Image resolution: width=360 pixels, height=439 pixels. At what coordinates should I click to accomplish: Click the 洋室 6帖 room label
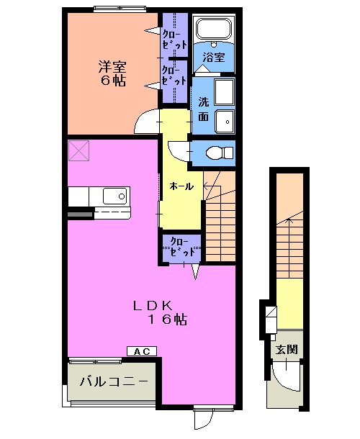pos(112,73)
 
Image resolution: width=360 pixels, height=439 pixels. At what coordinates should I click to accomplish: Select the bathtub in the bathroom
pos(212,32)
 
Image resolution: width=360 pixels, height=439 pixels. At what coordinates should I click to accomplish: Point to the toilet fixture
pos(217,152)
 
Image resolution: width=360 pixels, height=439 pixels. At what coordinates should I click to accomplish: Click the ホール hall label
pos(181,186)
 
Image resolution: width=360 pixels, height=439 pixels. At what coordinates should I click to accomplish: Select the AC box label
pos(141,350)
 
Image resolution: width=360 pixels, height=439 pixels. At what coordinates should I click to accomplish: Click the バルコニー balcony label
pos(113,381)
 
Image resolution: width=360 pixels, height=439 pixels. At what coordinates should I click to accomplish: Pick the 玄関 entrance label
pos(287,350)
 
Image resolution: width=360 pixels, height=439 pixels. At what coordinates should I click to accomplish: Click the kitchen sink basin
pos(114,196)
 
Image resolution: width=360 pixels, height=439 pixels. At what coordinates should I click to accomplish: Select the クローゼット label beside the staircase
pos(181,248)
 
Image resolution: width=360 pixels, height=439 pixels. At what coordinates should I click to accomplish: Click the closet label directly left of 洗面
pos(174,75)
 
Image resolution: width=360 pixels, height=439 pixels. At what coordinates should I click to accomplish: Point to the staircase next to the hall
pos(220,216)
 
